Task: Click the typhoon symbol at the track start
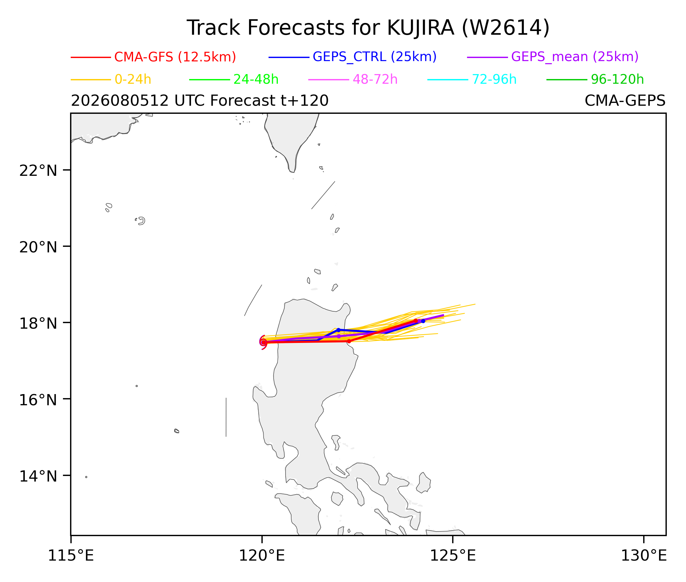263,342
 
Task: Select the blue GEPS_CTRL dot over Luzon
338,330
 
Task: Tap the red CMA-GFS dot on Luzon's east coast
349,341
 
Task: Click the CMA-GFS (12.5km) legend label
175,57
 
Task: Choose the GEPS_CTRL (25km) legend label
375,57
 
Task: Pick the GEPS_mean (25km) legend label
575,57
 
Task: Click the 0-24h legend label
133,79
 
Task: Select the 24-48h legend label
256,79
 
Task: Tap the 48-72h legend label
375,79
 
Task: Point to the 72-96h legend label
494,79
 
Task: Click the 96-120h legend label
617,79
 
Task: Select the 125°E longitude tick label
452,556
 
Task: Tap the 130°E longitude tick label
644,556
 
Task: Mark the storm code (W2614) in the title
506,28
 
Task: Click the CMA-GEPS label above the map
625,101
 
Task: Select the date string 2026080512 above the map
120,101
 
